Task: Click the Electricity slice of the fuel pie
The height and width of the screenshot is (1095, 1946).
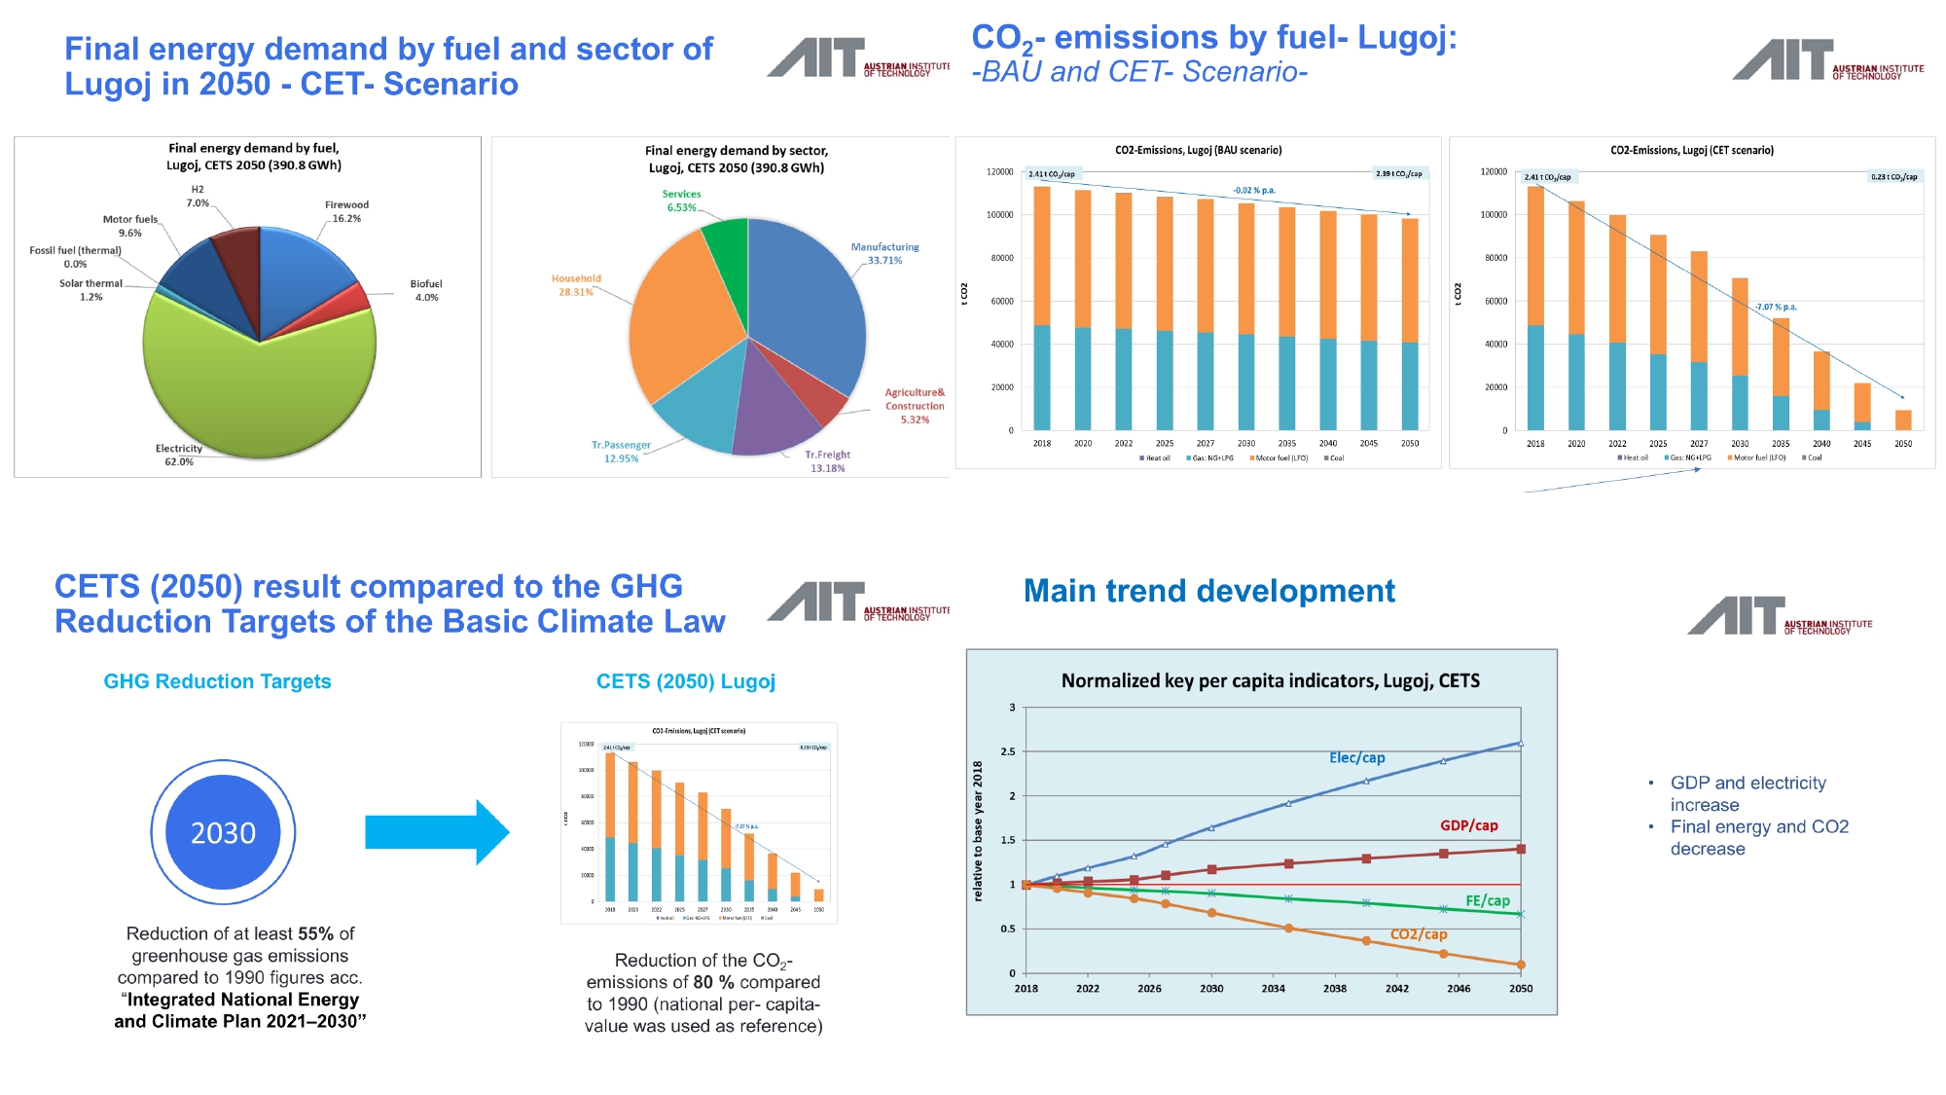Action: coord(263,389)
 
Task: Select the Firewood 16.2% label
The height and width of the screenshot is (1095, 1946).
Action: coord(346,211)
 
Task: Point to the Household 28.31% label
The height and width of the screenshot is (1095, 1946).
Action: coord(576,285)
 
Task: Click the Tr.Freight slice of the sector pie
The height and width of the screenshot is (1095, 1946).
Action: coord(774,409)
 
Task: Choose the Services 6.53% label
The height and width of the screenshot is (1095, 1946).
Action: coord(681,201)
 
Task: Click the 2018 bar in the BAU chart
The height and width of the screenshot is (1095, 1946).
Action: coord(1041,311)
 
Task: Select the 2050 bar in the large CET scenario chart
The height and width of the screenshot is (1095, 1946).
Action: coord(1903,420)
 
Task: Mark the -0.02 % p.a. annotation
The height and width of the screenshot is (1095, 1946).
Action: coord(1253,190)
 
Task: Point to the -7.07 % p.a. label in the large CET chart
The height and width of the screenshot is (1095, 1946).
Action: coord(1776,307)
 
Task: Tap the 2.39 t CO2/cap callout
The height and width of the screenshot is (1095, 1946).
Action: coord(1398,173)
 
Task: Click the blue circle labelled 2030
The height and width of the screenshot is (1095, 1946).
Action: coord(223,832)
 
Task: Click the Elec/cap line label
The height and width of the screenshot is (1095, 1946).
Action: coord(1356,757)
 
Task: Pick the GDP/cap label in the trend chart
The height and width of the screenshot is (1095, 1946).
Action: coord(1468,825)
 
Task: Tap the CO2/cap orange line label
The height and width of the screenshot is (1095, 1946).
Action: coord(1418,934)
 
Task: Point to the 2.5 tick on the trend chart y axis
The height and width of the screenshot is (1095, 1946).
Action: coord(1007,751)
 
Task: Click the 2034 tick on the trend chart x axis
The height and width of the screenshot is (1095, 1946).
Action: coord(1273,988)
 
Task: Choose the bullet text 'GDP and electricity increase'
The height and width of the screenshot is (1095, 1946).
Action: coord(1748,793)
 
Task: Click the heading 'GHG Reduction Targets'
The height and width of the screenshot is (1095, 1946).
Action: coord(217,681)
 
